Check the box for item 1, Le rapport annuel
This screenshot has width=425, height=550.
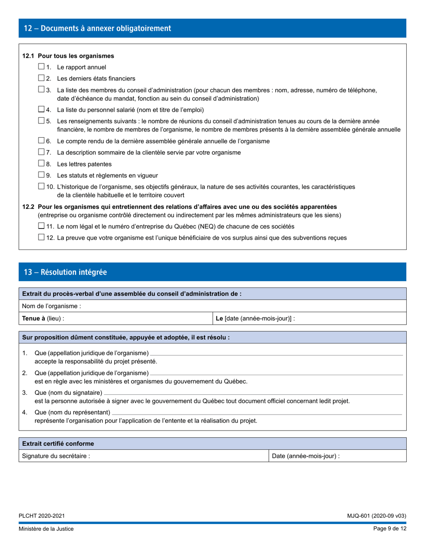pyautogui.click(x=41, y=67)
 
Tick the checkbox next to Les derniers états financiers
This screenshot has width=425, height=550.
pyautogui.click(x=41, y=78)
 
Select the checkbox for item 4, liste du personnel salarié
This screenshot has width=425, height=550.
pyautogui.click(x=41, y=109)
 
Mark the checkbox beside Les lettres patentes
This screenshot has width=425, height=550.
pyautogui.click(x=41, y=164)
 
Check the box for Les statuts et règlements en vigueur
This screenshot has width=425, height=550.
pyautogui.click(x=41, y=175)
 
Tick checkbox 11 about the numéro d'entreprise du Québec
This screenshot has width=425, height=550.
pyautogui.click(x=41, y=226)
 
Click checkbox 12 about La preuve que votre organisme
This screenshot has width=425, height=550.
pyautogui.click(x=41, y=237)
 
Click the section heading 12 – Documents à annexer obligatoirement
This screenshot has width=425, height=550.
pyautogui.click(x=98, y=29)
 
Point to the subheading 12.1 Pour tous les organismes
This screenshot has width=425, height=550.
pyautogui.click(x=68, y=56)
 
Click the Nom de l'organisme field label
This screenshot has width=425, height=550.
pyautogui.click(x=51, y=306)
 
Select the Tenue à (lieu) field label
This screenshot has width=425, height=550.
pyautogui.click(x=43, y=319)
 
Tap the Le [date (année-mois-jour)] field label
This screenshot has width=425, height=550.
pyautogui.click(x=255, y=319)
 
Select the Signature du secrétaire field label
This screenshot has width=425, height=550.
pyautogui.click(x=56, y=456)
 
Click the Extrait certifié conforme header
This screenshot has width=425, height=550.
pyautogui.click(x=58, y=444)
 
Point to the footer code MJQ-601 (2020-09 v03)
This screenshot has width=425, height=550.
pyautogui.click(x=376, y=516)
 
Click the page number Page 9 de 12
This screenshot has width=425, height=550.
pyautogui.click(x=390, y=529)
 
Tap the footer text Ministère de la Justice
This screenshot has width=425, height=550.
pyautogui.click(x=46, y=529)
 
